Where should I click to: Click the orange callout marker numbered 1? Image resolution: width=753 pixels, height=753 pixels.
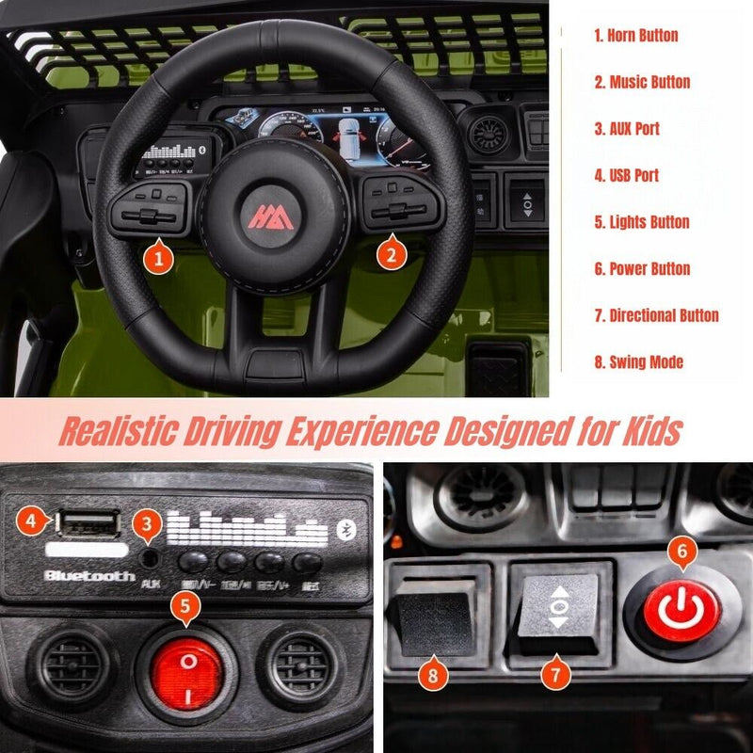tap(159, 256)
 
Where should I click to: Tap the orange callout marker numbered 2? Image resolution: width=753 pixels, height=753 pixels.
tap(393, 252)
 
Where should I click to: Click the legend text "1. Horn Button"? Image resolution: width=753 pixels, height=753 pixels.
tap(635, 36)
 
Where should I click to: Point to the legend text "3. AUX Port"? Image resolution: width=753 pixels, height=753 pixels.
tap(626, 129)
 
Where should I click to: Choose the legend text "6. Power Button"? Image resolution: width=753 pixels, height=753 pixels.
tap(642, 268)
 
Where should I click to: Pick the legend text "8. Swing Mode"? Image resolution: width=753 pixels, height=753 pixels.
tap(638, 361)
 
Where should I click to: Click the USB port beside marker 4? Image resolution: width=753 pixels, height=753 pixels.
tap(88, 522)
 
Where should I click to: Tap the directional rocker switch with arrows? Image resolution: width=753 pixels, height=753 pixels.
tap(557, 608)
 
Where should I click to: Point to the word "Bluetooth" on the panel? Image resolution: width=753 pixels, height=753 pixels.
tap(89, 575)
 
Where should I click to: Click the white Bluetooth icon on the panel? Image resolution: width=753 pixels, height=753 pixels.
tap(346, 528)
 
